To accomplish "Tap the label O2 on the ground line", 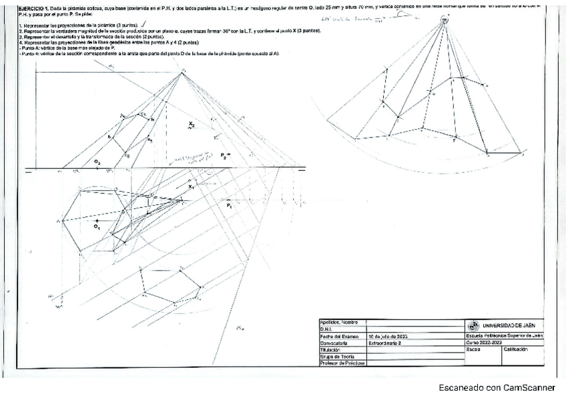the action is click(x=97, y=162).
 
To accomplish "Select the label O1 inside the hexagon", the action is click(x=97, y=227).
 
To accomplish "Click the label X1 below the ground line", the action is click(x=192, y=188).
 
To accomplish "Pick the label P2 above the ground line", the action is click(x=225, y=155).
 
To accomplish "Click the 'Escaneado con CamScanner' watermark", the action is click(x=496, y=387).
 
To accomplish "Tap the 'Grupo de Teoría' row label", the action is click(x=337, y=356).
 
